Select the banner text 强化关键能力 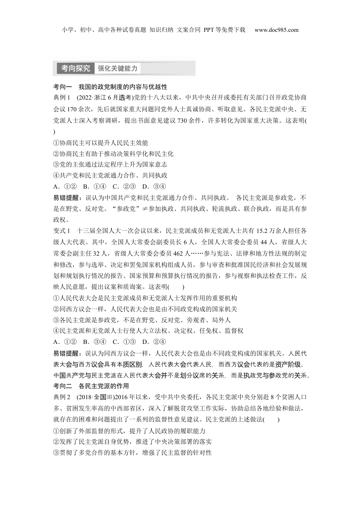click(x=117, y=69)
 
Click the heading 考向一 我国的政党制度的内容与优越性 click(x=110, y=87)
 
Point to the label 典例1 click(x=62, y=98)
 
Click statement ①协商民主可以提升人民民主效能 click(x=101, y=143)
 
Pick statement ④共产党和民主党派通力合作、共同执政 click(x=110, y=175)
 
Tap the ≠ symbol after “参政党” click(x=144, y=209)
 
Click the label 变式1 click(x=62, y=231)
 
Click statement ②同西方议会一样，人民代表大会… click(x=145, y=309)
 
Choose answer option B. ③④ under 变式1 click(x=94, y=342)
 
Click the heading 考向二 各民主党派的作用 click(x=91, y=386)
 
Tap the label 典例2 click(x=62, y=397)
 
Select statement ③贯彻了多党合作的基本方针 click(x=132, y=453)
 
